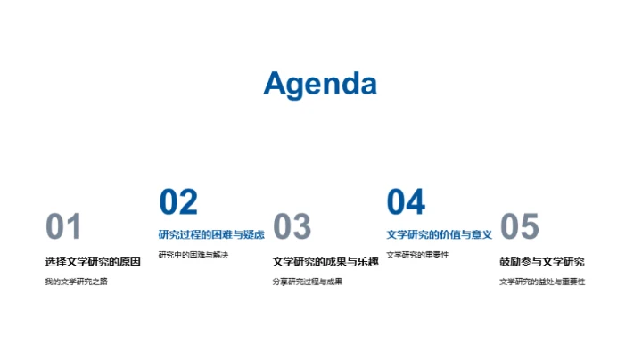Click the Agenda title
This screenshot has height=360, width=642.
coord(320,84)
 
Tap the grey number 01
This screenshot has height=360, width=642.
coord(63,227)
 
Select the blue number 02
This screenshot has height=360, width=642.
coord(177,203)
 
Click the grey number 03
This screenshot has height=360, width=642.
coord(292,227)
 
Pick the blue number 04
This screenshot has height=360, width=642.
coord(406,203)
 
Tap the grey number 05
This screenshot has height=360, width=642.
coord(520,227)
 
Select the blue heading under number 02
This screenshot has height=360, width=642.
coord(211,235)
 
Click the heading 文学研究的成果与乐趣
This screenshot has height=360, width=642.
coord(325,262)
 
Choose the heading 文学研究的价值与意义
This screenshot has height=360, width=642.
coord(439,235)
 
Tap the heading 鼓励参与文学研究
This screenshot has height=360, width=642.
coord(542,262)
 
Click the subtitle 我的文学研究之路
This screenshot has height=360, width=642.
coord(75,282)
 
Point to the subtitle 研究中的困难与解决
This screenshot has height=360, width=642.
coord(193,256)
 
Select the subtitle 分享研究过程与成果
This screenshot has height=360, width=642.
coord(308,282)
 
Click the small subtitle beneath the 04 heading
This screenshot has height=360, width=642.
coord(417,256)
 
